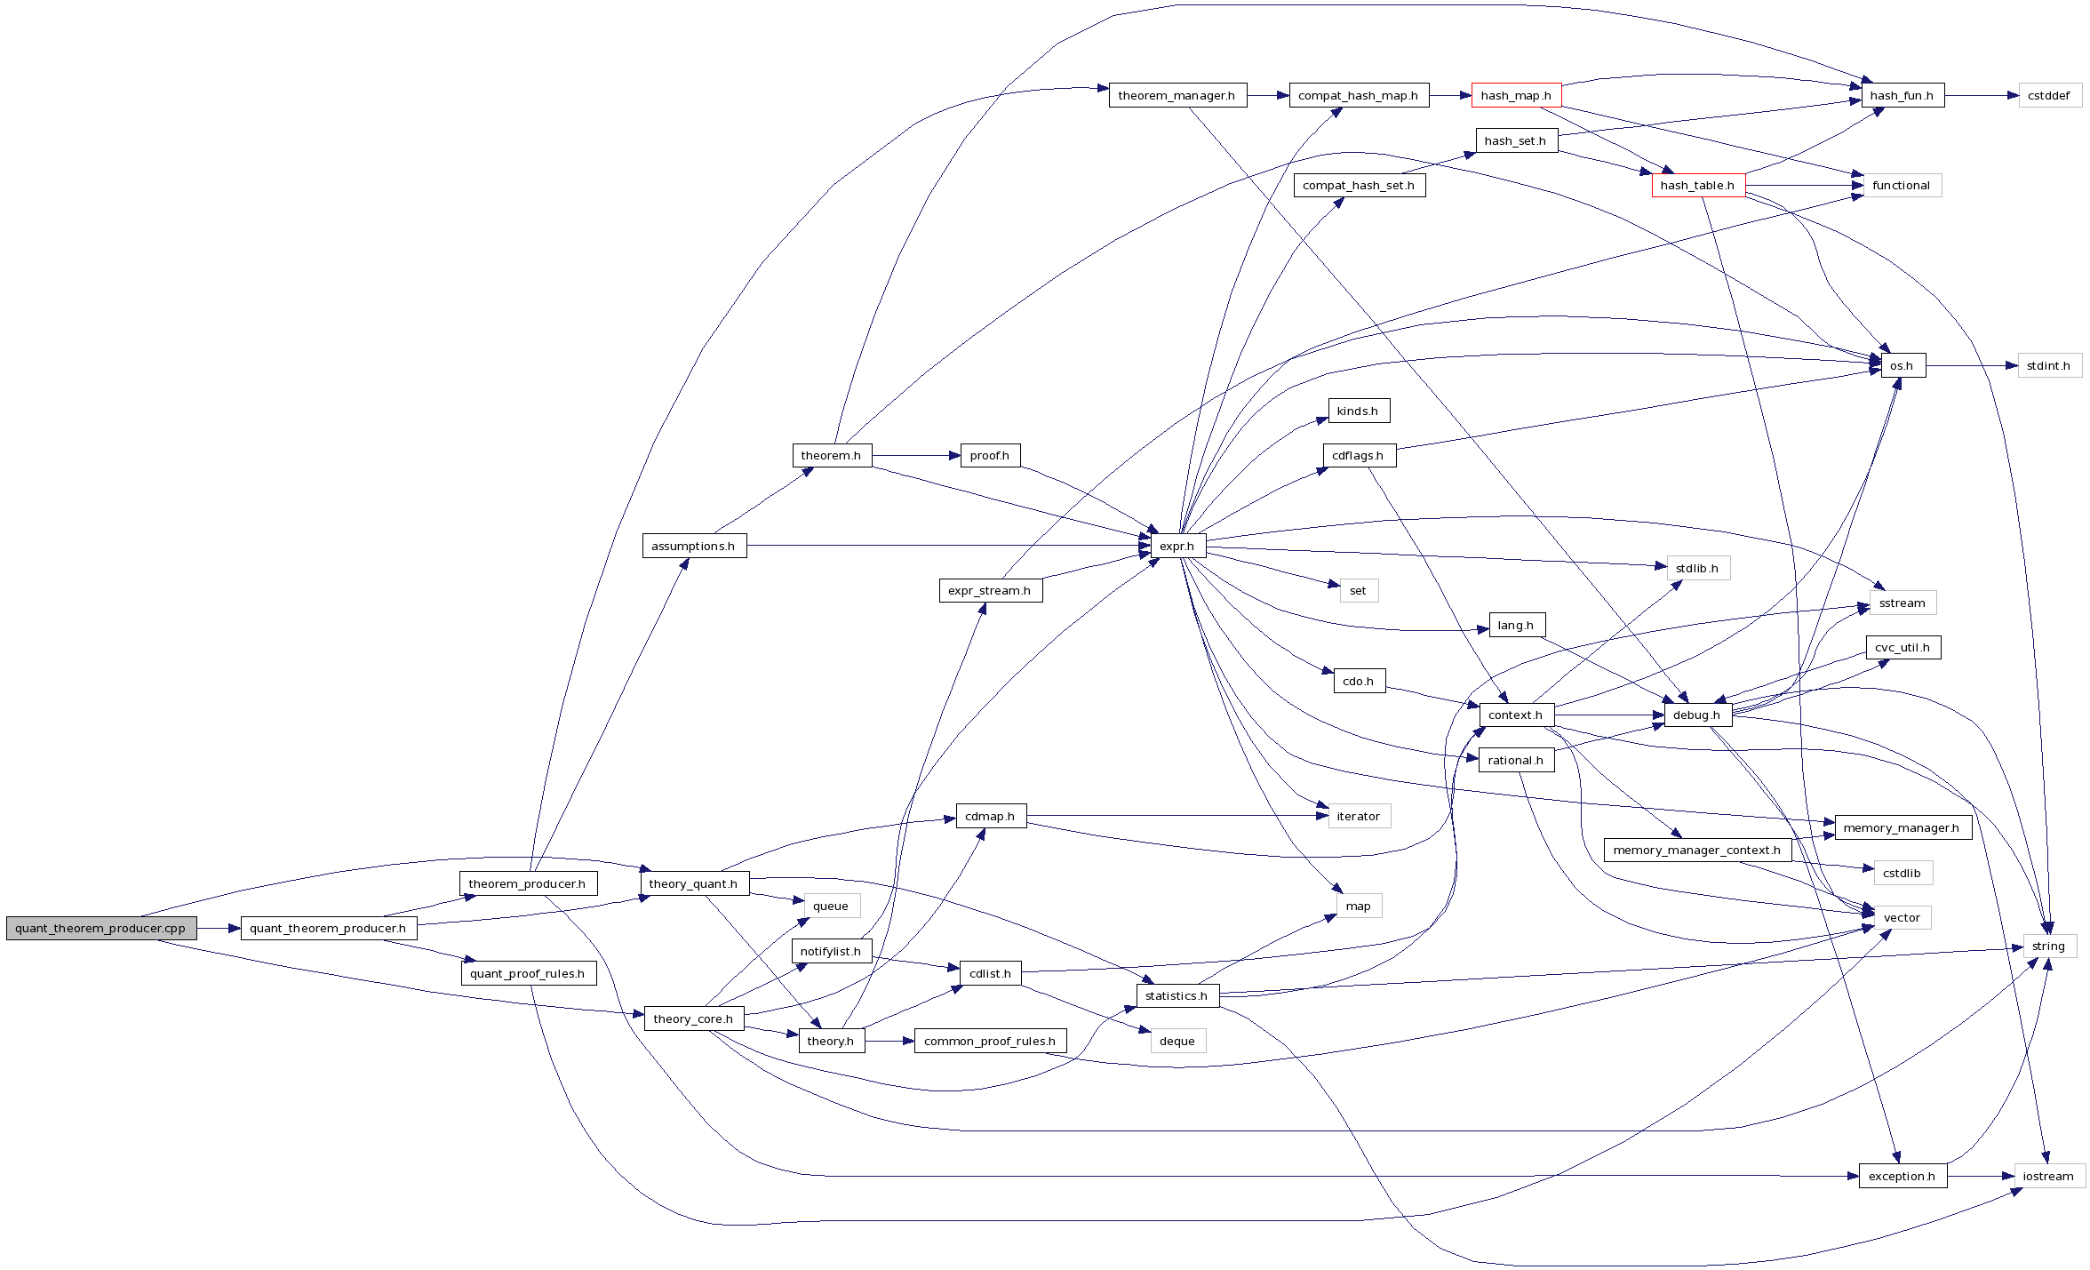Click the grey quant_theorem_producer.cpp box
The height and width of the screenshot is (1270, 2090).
(100, 929)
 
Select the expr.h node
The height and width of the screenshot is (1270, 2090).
(1177, 546)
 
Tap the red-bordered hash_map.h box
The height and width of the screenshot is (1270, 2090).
(1516, 96)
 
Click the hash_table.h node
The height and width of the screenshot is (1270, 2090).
(1697, 186)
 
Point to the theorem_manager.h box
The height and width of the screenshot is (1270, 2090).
(1177, 96)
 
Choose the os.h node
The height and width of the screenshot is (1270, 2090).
(1902, 366)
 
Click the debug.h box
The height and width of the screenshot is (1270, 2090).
(1696, 715)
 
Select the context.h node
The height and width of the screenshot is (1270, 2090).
(1516, 715)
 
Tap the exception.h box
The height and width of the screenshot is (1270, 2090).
(1902, 1177)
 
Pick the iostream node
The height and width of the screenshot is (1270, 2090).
(2048, 1177)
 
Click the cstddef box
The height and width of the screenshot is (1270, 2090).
(2049, 96)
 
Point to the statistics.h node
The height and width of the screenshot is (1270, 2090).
(1177, 996)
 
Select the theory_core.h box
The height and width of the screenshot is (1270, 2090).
(693, 1019)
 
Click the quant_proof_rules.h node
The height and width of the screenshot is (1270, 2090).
(528, 974)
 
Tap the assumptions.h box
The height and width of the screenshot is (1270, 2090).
(693, 546)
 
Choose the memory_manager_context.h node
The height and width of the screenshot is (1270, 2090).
(1696, 851)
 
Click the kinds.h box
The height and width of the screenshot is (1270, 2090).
(1358, 411)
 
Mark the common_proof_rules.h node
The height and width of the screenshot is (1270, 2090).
(990, 1042)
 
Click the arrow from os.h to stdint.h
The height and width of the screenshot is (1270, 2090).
(1973, 366)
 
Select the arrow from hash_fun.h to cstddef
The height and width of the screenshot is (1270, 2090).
(1982, 96)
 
